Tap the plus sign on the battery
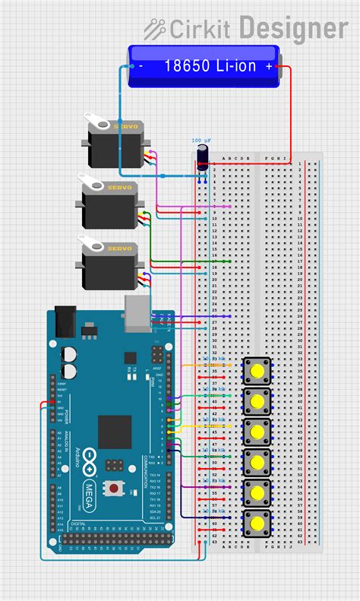(269, 66)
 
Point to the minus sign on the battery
(141, 66)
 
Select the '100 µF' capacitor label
(201, 141)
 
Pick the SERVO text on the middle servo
(118, 187)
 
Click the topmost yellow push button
(257, 372)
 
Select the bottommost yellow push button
(257, 523)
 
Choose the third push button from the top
(257, 432)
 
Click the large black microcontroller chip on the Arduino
(115, 431)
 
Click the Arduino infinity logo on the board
(89, 458)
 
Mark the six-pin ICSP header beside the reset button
(115, 463)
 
